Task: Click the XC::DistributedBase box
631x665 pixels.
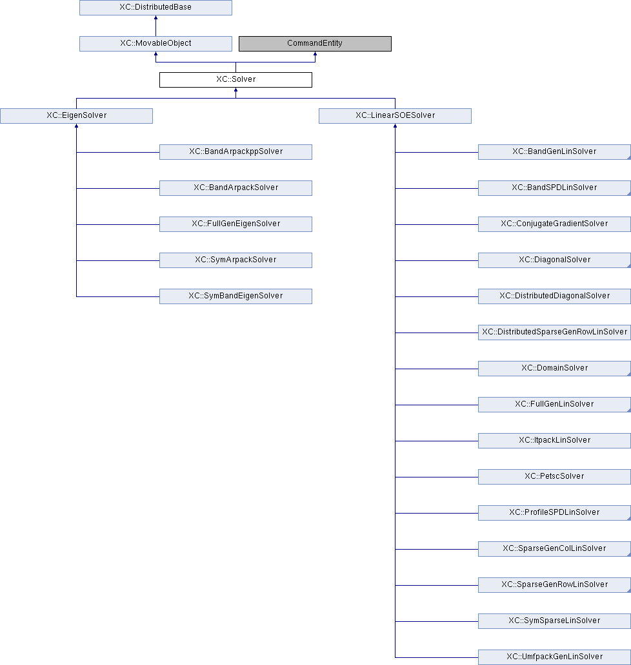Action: coord(156,8)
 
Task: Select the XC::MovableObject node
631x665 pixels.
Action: coord(156,44)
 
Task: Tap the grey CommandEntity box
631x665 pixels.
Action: coord(315,44)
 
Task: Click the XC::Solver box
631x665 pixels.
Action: coord(235,80)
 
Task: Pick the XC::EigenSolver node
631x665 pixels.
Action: coord(76,116)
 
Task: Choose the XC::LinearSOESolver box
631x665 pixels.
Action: coord(395,116)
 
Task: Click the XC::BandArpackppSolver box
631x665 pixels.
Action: coord(235,152)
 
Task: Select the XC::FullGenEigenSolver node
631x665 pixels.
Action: coord(235,224)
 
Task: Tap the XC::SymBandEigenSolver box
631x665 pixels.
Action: coord(235,296)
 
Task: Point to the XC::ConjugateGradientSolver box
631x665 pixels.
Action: coord(554,224)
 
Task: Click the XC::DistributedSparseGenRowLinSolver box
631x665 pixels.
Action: coord(554,332)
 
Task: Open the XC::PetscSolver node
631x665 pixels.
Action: coord(554,476)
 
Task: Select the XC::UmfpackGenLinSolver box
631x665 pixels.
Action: coord(554,657)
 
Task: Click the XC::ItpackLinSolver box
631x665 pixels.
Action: coord(554,440)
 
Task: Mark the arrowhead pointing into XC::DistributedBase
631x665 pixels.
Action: coord(156,17)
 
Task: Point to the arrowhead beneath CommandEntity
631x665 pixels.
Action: coord(315,53)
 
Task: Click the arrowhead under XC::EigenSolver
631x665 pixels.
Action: coord(76,126)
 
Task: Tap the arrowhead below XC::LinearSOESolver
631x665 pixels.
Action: coord(395,126)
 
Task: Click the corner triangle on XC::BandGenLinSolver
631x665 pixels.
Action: coord(629,158)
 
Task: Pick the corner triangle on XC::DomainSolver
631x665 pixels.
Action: coord(629,374)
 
